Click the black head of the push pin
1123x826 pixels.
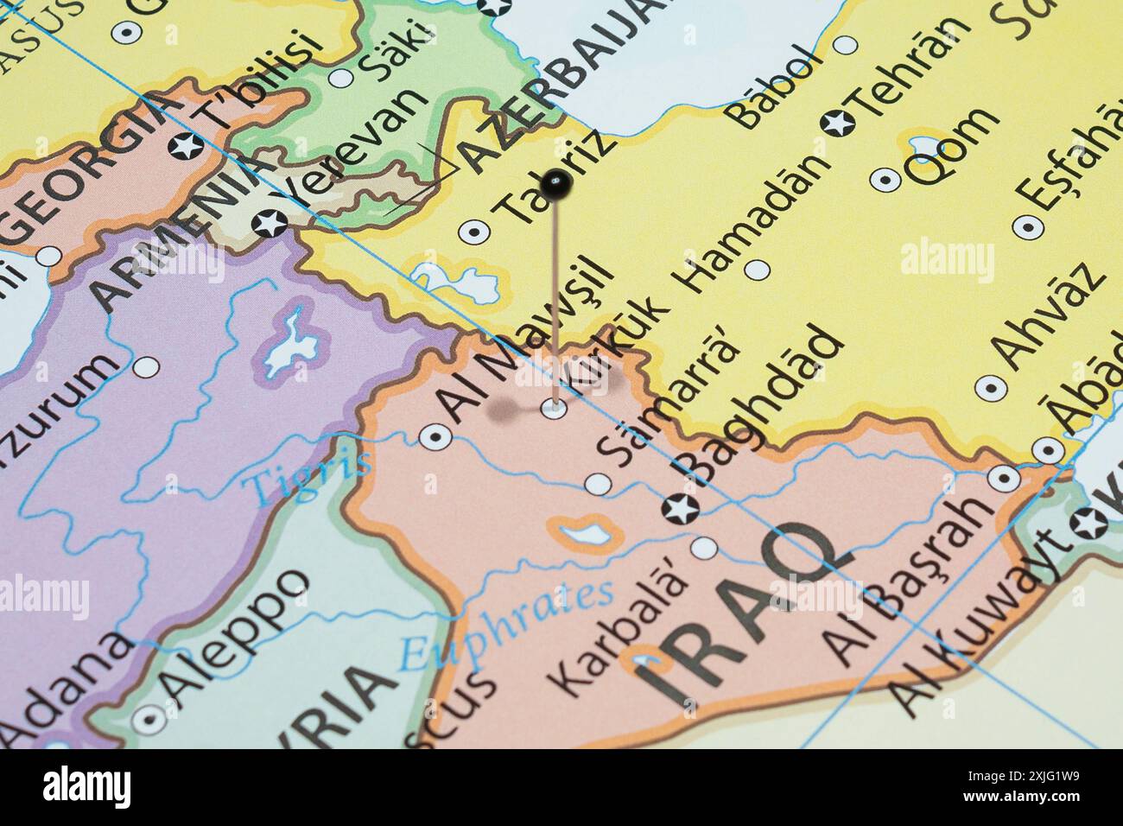(x=555, y=182)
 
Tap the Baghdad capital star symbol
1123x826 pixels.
(x=679, y=510)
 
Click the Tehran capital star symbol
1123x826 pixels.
(x=837, y=123)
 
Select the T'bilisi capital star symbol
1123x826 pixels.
(x=187, y=146)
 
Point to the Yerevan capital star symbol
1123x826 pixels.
(x=268, y=223)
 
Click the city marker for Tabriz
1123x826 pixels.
(x=473, y=231)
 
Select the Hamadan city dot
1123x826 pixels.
(x=757, y=270)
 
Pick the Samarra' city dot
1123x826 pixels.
(x=597, y=484)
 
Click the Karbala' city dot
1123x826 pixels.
(x=704, y=548)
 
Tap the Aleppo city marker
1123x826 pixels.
(x=151, y=717)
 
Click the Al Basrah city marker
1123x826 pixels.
(x=1003, y=477)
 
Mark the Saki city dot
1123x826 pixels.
(x=343, y=78)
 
